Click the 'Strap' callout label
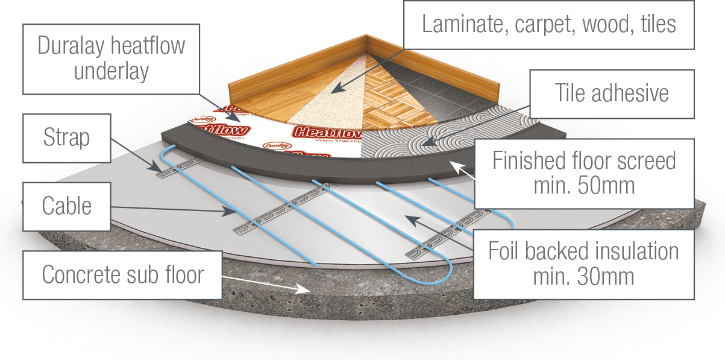(66, 138)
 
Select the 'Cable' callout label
(66, 206)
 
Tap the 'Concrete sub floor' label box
(123, 275)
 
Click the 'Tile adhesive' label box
(612, 93)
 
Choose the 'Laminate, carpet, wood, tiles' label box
(548, 24)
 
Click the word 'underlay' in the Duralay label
(111, 71)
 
